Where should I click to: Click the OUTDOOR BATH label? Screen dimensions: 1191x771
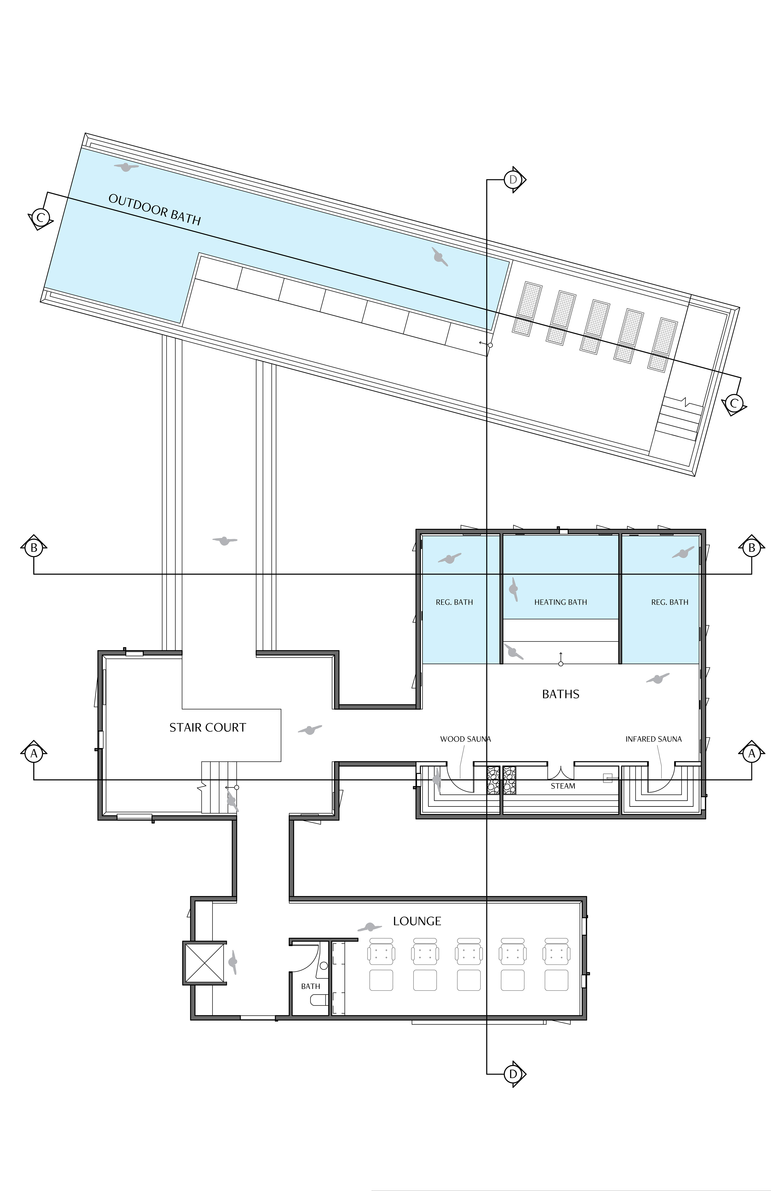[154, 209]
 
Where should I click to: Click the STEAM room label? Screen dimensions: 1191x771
[563, 786]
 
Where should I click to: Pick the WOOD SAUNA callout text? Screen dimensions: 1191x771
[465, 739]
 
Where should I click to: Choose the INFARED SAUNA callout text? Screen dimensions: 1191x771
[653, 739]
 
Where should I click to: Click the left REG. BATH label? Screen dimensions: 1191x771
[454, 602]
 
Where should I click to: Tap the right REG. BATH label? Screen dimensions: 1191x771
[669, 602]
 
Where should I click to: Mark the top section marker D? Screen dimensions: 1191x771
[513, 179]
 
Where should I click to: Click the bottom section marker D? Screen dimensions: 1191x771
[513, 1074]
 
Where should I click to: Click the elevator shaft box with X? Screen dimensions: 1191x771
[204, 963]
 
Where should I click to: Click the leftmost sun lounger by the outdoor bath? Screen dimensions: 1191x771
[526, 308]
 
